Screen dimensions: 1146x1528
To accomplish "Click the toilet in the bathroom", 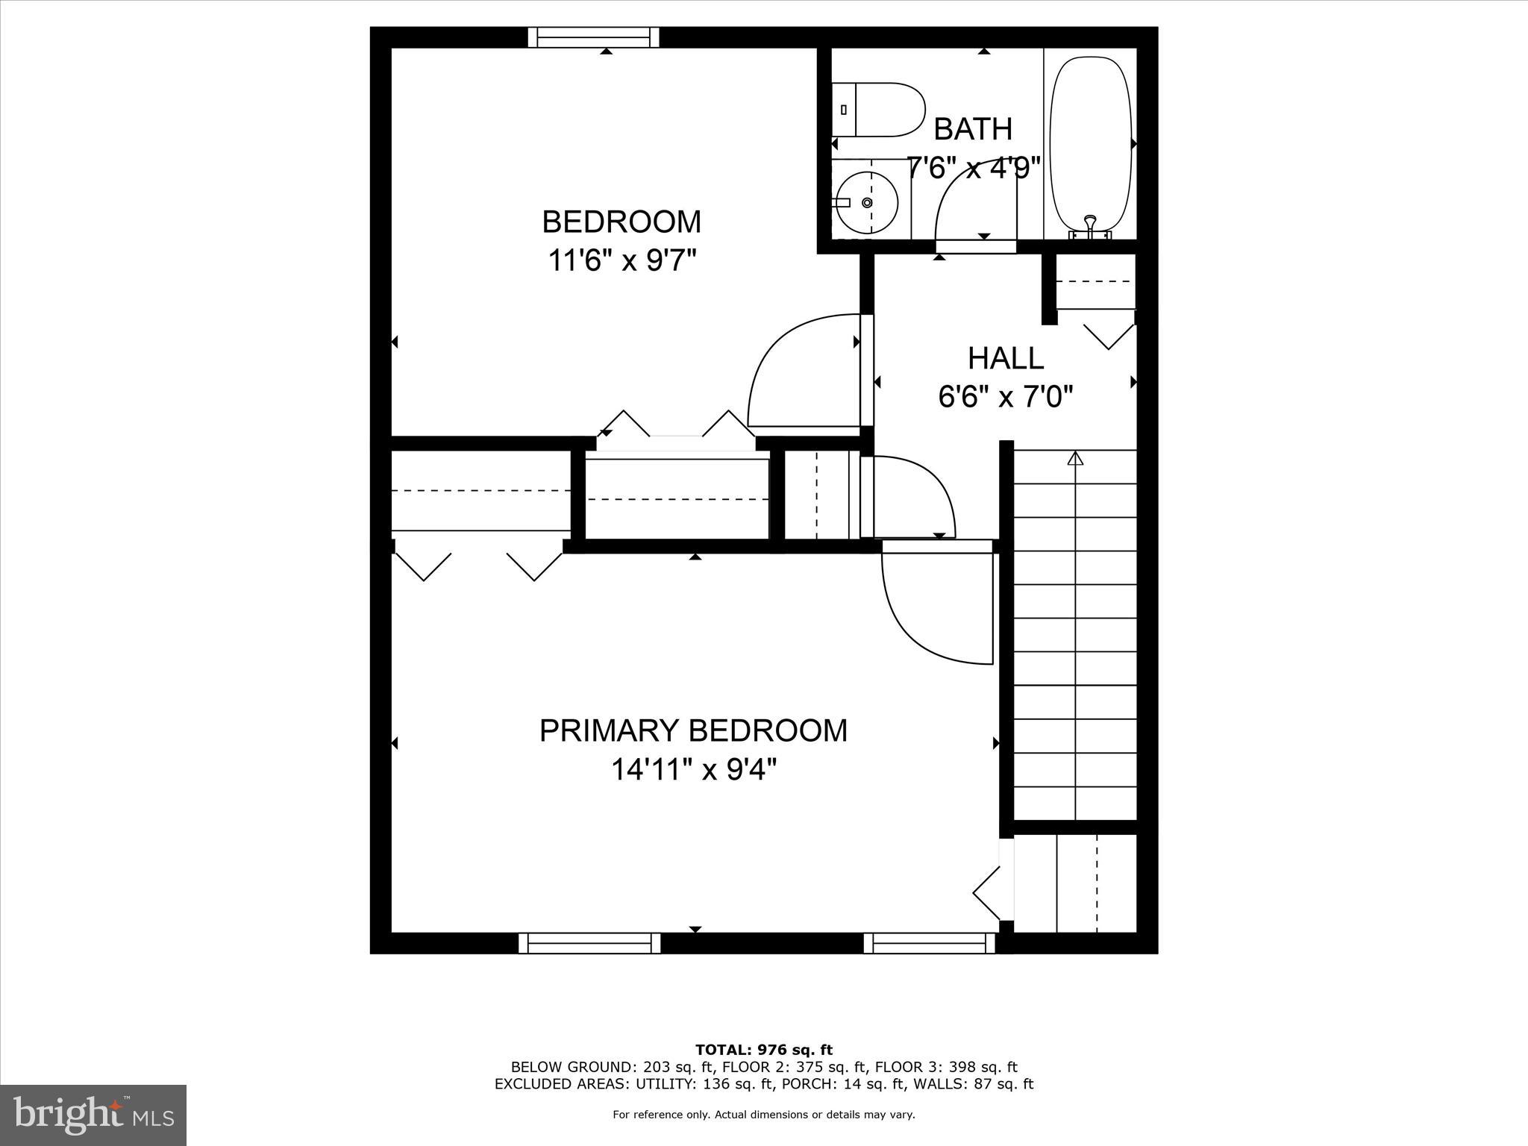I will [x=880, y=110].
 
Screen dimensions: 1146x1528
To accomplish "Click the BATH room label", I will [x=973, y=129].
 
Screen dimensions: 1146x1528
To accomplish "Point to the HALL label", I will [x=1006, y=359].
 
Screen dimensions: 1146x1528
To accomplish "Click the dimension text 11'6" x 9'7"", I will [x=622, y=260].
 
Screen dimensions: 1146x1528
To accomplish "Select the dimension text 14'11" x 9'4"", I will [x=694, y=769].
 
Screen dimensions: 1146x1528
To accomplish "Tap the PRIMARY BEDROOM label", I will [x=693, y=730].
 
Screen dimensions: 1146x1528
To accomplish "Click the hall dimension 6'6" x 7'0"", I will [x=1006, y=397].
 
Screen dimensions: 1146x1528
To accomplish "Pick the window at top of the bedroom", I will [x=594, y=37].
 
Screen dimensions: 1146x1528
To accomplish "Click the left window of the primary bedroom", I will [x=589, y=943].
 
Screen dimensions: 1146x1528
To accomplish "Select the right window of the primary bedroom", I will [x=930, y=943].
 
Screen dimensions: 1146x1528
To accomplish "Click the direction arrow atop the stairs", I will [x=1075, y=458].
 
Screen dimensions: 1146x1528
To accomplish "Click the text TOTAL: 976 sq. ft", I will [x=763, y=1050].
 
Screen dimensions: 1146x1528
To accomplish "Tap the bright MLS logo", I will [x=93, y=1114].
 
